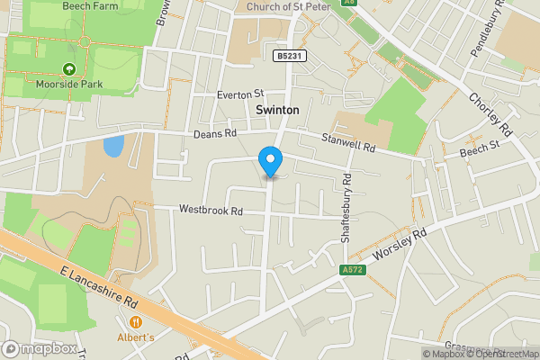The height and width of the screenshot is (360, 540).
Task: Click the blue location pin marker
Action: pos(270,161)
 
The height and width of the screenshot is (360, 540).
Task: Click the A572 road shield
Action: pos(354,270)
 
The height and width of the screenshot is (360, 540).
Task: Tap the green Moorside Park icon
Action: pos(69,68)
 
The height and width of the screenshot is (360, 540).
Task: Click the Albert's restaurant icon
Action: pos(136,321)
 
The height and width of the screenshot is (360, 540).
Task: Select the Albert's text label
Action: pos(136,337)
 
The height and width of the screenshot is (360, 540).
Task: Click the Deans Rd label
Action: pos(214,134)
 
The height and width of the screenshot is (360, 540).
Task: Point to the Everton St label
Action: pos(238,94)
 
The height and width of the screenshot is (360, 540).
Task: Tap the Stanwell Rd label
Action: pos(348,141)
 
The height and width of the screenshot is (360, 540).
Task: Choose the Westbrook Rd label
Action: pos(211,211)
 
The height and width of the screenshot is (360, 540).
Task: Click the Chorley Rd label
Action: pos(490,116)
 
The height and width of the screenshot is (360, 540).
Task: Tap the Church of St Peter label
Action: pos(289,6)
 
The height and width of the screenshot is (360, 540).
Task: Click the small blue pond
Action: pos(112,146)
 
